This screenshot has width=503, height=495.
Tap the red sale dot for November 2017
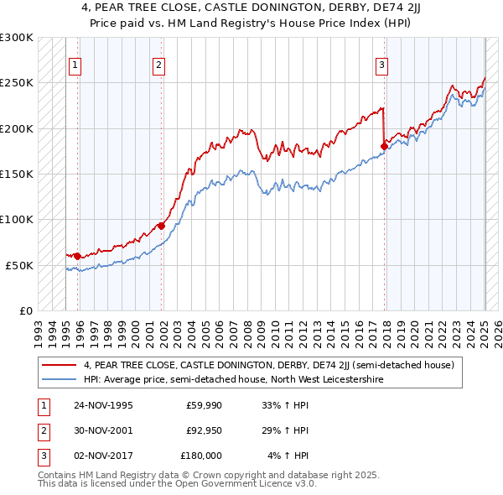pyautogui.click(x=384, y=146)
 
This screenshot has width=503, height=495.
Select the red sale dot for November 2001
pyautogui.click(x=161, y=225)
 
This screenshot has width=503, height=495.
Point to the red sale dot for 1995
pyautogui.click(x=77, y=255)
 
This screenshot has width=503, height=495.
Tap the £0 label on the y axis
pyautogui.click(x=25, y=310)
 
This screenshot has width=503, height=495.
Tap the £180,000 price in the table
pyautogui.click(x=201, y=456)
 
